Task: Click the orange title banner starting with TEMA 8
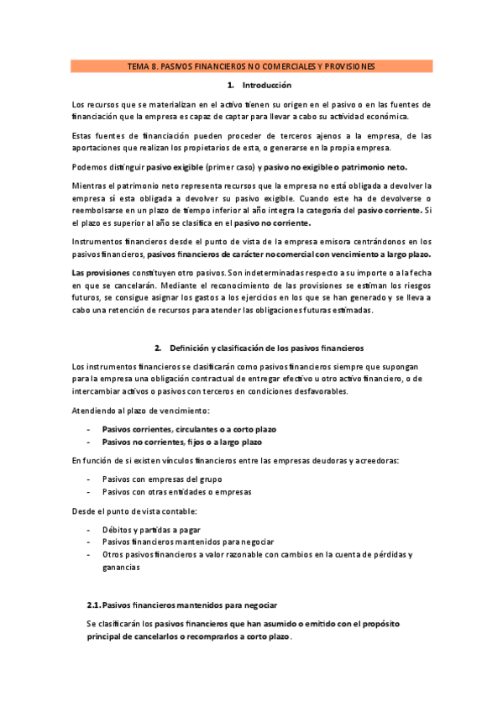[251, 65]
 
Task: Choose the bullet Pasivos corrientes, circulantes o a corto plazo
[189, 429]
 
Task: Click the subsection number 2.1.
[94, 605]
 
